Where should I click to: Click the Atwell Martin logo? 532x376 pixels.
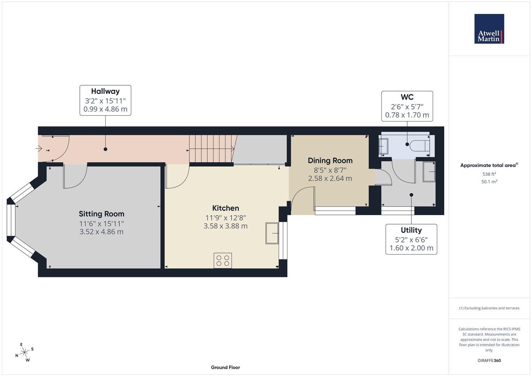[x=489, y=29]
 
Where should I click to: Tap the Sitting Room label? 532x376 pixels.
[x=101, y=214]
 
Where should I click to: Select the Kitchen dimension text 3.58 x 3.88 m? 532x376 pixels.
[x=225, y=226]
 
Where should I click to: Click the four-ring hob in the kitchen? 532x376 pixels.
[x=223, y=261]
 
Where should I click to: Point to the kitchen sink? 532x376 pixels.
[x=272, y=233]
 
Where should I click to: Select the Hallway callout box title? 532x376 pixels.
[x=105, y=91]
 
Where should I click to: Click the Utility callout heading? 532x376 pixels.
[x=411, y=230]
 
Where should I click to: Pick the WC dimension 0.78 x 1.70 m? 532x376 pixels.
[x=407, y=115]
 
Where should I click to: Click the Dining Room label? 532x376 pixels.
[x=330, y=160]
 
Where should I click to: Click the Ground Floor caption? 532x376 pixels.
[x=225, y=367]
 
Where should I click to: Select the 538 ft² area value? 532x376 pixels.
[x=489, y=174]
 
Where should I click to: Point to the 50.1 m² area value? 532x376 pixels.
[x=489, y=182]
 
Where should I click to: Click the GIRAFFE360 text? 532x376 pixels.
[x=489, y=360]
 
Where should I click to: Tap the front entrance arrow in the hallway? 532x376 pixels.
[x=39, y=149]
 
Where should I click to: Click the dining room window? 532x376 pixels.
[x=335, y=211]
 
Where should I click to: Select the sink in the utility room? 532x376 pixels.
[x=429, y=172]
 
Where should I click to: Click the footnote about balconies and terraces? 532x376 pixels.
[x=489, y=308]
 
